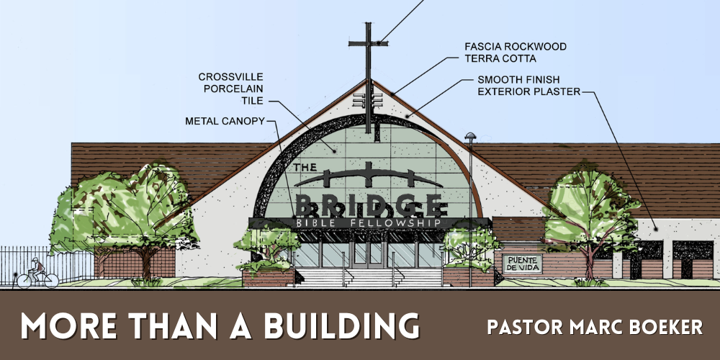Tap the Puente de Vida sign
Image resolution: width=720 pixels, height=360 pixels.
pos(522,264)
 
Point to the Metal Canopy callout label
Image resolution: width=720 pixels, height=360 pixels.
pos(225,121)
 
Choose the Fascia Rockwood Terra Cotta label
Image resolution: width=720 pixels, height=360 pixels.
pos(516,53)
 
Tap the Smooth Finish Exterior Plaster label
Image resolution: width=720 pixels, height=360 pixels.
pos(529,86)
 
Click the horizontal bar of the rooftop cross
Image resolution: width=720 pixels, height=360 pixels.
pos(368,44)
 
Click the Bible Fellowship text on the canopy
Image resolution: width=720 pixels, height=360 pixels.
pos(369,223)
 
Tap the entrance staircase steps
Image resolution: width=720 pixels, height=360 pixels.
pos(369,278)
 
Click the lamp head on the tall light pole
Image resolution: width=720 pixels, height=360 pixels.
pos(470,135)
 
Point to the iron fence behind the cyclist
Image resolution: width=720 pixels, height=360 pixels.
pos(46,264)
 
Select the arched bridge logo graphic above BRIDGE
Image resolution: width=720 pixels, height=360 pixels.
pos(369,176)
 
